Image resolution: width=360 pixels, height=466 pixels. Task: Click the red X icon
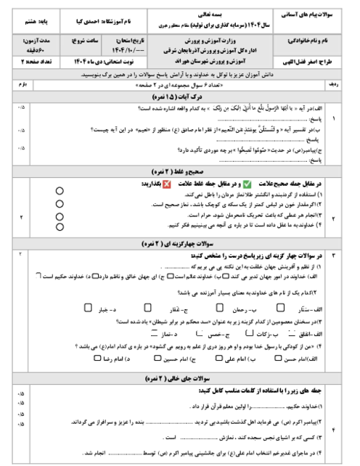click(167, 184)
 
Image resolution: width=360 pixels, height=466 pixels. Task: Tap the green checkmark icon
click(247, 184)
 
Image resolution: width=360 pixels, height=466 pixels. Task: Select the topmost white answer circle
click(60, 191)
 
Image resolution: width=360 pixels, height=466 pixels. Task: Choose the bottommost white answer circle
click(60, 226)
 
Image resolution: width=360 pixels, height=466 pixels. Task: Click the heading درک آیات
click(187, 96)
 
